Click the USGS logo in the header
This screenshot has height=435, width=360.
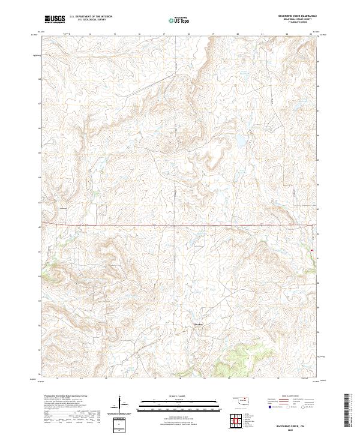tap(55, 19)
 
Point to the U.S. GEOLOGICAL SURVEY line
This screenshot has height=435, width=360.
tap(90, 20)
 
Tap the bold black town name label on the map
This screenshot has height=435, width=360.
tap(198, 325)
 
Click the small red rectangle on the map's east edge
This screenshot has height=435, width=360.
tap(312, 250)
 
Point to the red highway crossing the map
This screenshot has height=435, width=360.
tap(180, 226)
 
